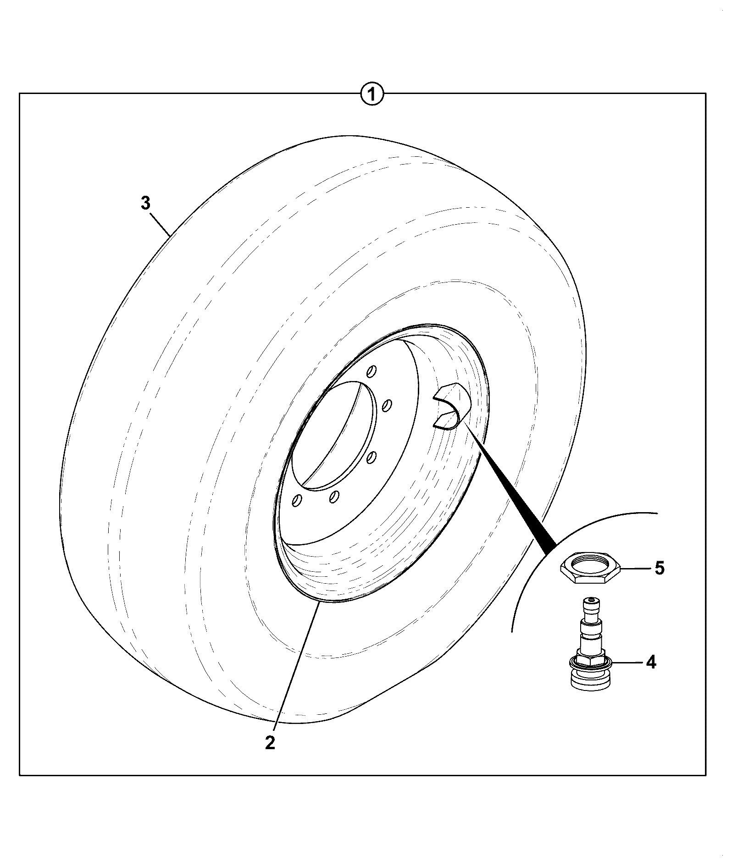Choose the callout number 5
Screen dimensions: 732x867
[x=660, y=569]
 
